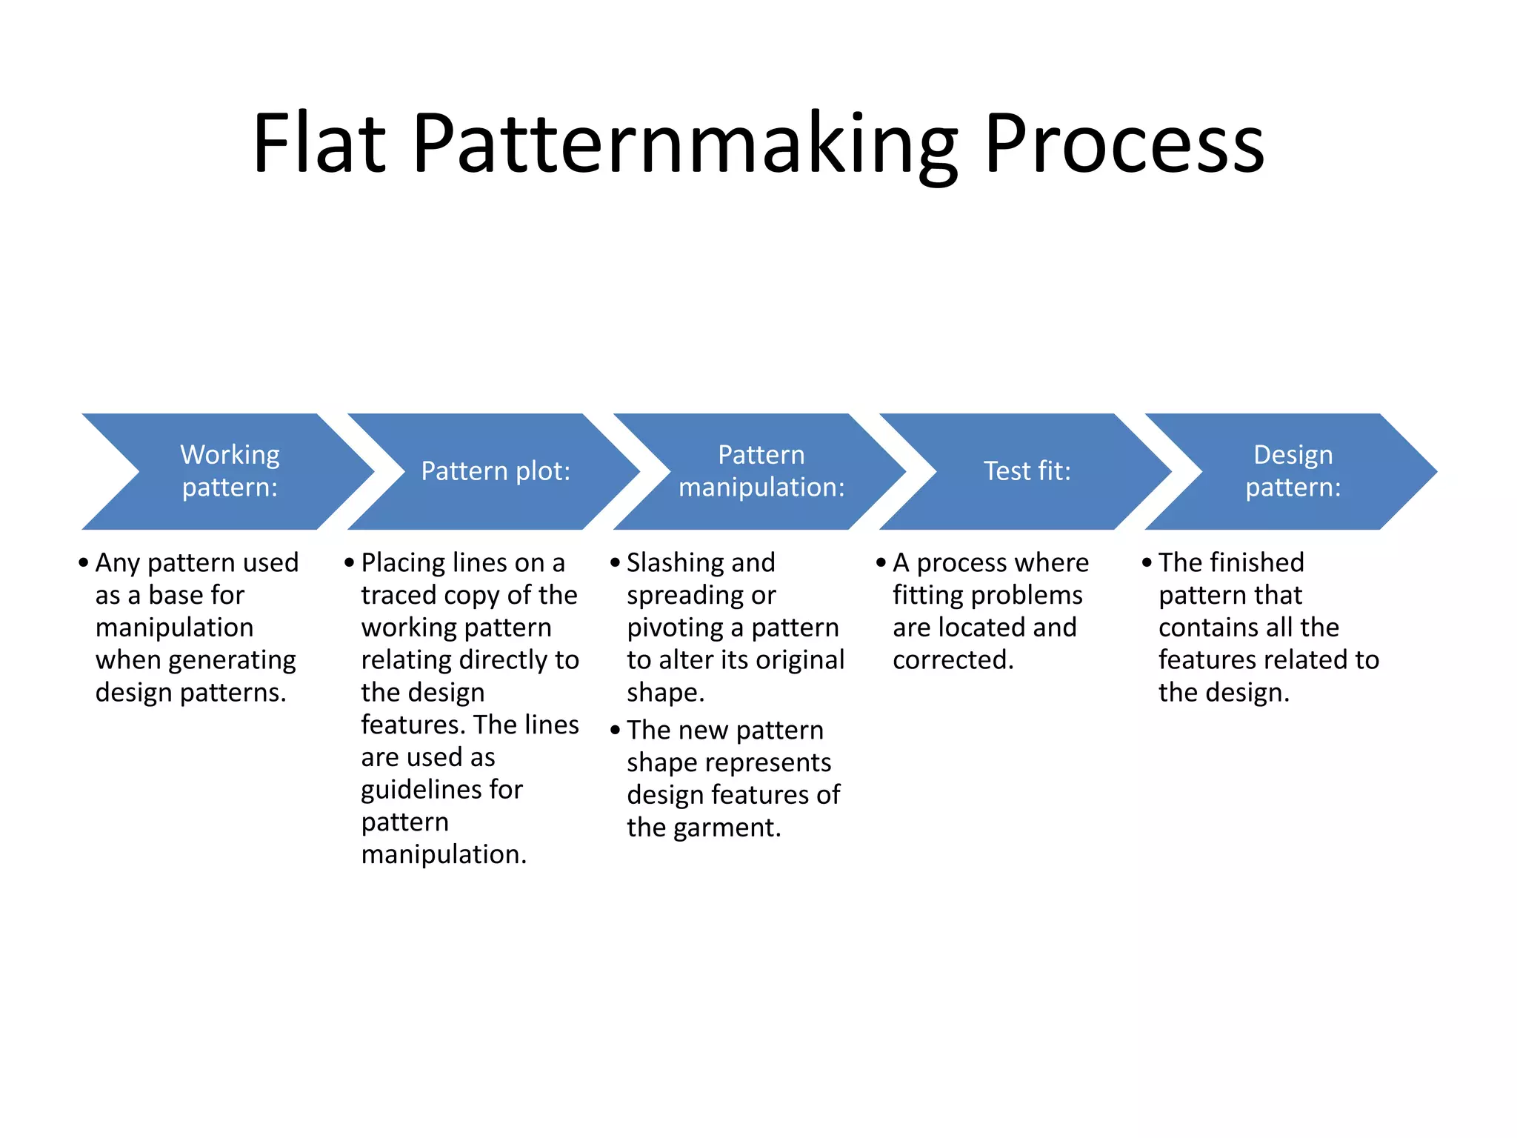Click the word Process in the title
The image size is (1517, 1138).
1124,144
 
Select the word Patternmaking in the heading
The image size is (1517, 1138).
685,144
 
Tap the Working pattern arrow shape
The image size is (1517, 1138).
230,471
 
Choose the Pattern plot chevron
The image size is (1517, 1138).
496,471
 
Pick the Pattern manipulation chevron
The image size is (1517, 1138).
761,471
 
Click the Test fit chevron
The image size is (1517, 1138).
1027,471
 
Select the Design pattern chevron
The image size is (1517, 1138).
1293,471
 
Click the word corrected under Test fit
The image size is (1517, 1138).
953,660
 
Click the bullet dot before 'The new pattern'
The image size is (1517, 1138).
615,731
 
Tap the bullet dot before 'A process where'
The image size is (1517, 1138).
881,563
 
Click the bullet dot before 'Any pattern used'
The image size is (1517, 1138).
83,563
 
